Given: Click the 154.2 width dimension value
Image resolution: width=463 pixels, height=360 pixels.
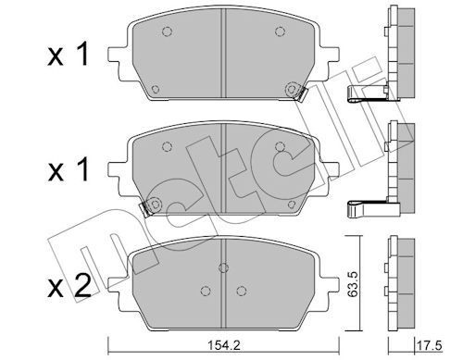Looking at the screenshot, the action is click(x=223, y=345).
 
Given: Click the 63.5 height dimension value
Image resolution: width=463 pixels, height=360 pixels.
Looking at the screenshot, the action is click(x=353, y=284).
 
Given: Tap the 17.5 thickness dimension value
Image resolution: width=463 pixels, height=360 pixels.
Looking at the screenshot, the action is click(x=430, y=345).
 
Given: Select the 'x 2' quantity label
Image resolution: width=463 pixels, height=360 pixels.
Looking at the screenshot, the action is click(x=69, y=287).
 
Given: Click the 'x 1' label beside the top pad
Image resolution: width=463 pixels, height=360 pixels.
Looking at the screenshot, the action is click(x=69, y=55).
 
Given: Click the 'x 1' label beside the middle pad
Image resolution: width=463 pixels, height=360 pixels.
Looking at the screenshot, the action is click(x=69, y=169).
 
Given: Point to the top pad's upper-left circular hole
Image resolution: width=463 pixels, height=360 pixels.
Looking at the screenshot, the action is click(x=167, y=31).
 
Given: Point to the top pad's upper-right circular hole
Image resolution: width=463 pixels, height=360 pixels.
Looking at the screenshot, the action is click(x=280, y=31).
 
